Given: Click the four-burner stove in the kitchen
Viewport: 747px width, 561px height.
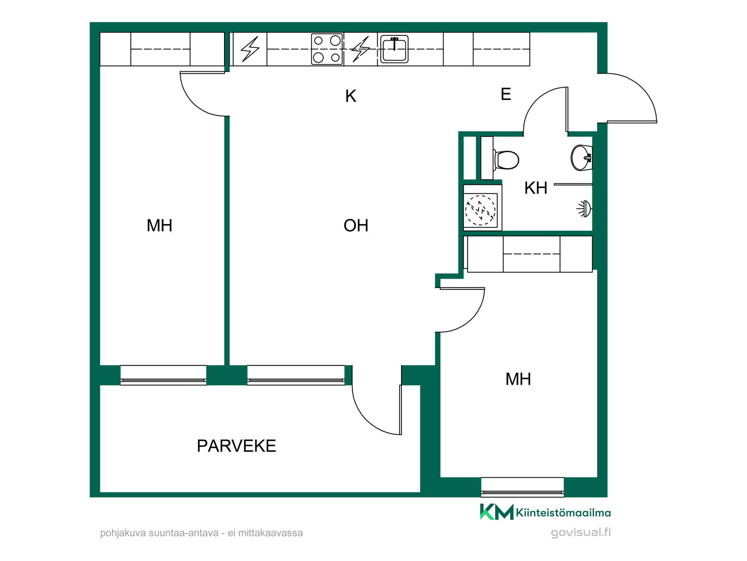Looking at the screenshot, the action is pyautogui.click(x=327, y=49).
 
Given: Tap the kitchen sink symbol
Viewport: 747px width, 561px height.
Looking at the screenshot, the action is pyautogui.click(x=394, y=49).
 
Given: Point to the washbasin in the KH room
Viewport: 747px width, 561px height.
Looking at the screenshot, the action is pyautogui.click(x=582, y=158).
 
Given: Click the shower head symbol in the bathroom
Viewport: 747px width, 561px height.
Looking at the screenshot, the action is pyautogui.click(x=584, y=209).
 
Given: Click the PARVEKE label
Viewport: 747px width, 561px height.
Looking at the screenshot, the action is pyautogui.click(x=237, y=446).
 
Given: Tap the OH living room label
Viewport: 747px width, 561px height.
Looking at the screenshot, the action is pyautogui.click(x=356, y=226).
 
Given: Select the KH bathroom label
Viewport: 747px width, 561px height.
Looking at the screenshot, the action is pyautogui.click(x=536, y=188).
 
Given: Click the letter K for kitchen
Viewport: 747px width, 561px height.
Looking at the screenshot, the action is pyautogui.click(x=351, y=96).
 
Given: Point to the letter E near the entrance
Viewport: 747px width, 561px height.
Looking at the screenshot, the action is pyautogui.click(x=505, y=94).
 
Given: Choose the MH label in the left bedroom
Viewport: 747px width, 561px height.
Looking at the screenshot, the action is pyautogui.click(x=160, y=226).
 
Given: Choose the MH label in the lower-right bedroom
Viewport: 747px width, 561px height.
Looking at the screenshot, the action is pyautogui.click(x=518, y=379).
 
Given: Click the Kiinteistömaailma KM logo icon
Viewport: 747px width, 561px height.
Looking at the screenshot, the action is pyautogui.click(x=497, y=512).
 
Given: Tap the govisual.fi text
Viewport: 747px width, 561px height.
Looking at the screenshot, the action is pyautogui.click(x=581, y=533).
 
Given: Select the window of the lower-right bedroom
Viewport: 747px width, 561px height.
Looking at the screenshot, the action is pyautogui.click(x=523, y=487).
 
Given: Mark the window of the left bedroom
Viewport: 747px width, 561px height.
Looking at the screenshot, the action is pyautogui.click(x=163, y=375).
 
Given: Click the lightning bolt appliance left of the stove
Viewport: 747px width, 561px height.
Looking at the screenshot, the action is pyautogui.click(x=250, y=49).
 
